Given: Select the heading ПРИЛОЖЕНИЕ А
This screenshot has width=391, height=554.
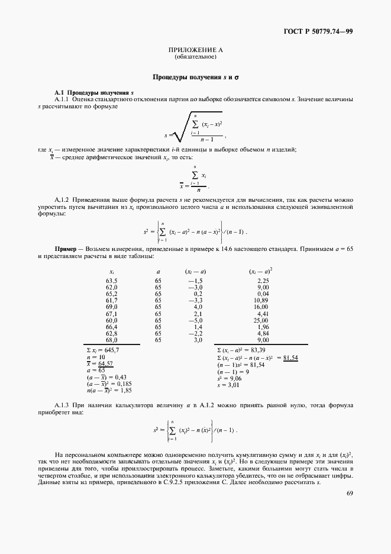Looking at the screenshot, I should pos(195,51).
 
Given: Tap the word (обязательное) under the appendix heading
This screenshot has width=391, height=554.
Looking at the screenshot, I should pos(195,57).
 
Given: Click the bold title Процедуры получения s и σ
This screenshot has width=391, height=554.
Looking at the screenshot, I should pos(195,77).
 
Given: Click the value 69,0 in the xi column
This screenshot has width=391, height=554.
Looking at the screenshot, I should pos(112,307).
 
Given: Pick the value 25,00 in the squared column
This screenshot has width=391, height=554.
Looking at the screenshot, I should pos(261,320).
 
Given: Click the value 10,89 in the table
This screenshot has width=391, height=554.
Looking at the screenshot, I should pos(261,300).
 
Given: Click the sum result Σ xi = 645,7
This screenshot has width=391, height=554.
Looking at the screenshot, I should pos(102,350).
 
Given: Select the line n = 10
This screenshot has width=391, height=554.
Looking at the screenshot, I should pos(96,357).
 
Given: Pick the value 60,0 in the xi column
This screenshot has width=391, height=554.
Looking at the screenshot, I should pos(112,320).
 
